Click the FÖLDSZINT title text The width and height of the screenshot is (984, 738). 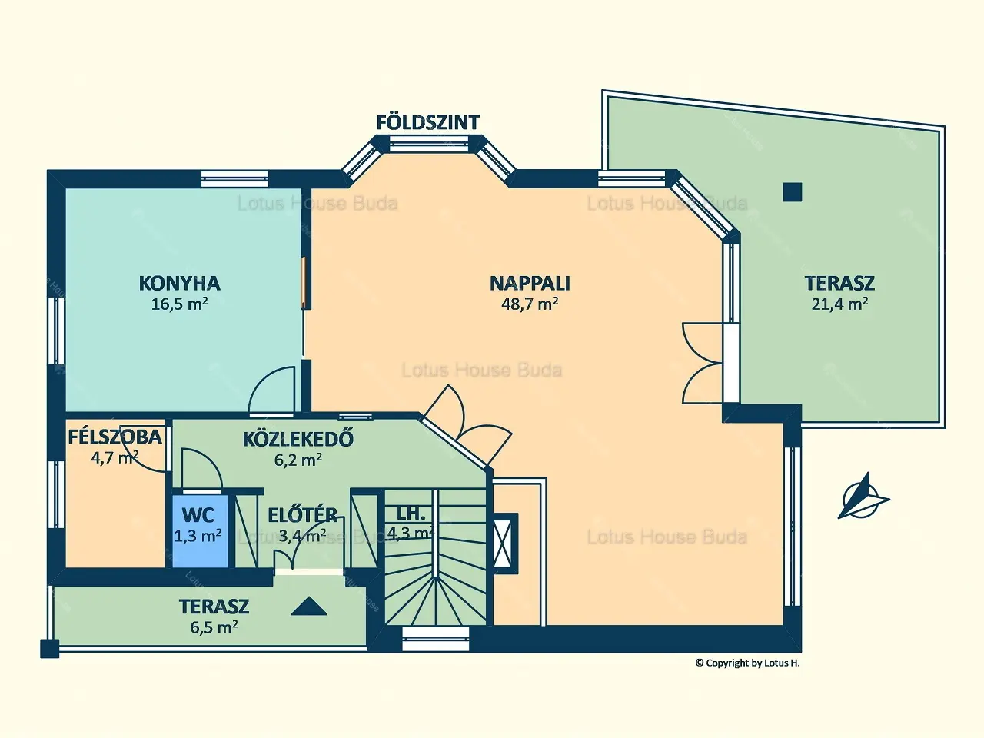427,122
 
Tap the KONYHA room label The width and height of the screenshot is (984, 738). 179,283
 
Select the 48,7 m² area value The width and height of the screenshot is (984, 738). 530,304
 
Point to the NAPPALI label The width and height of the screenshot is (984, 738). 530,283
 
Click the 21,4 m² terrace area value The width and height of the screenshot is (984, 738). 839,304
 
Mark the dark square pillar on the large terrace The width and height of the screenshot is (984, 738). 792,192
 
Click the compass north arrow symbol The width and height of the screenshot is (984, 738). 863,497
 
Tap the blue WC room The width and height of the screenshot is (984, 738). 200,531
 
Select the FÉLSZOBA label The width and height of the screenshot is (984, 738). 115,437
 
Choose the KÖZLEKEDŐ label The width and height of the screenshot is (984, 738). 298,439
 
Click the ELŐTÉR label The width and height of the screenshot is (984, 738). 303,515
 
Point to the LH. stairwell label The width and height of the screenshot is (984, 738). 411,514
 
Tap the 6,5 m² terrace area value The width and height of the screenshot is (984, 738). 214,627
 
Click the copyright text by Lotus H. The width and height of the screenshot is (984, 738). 747,663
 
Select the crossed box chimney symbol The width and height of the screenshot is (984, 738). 505,543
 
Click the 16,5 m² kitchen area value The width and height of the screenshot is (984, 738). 179,304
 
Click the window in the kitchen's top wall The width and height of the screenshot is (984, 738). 234,179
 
